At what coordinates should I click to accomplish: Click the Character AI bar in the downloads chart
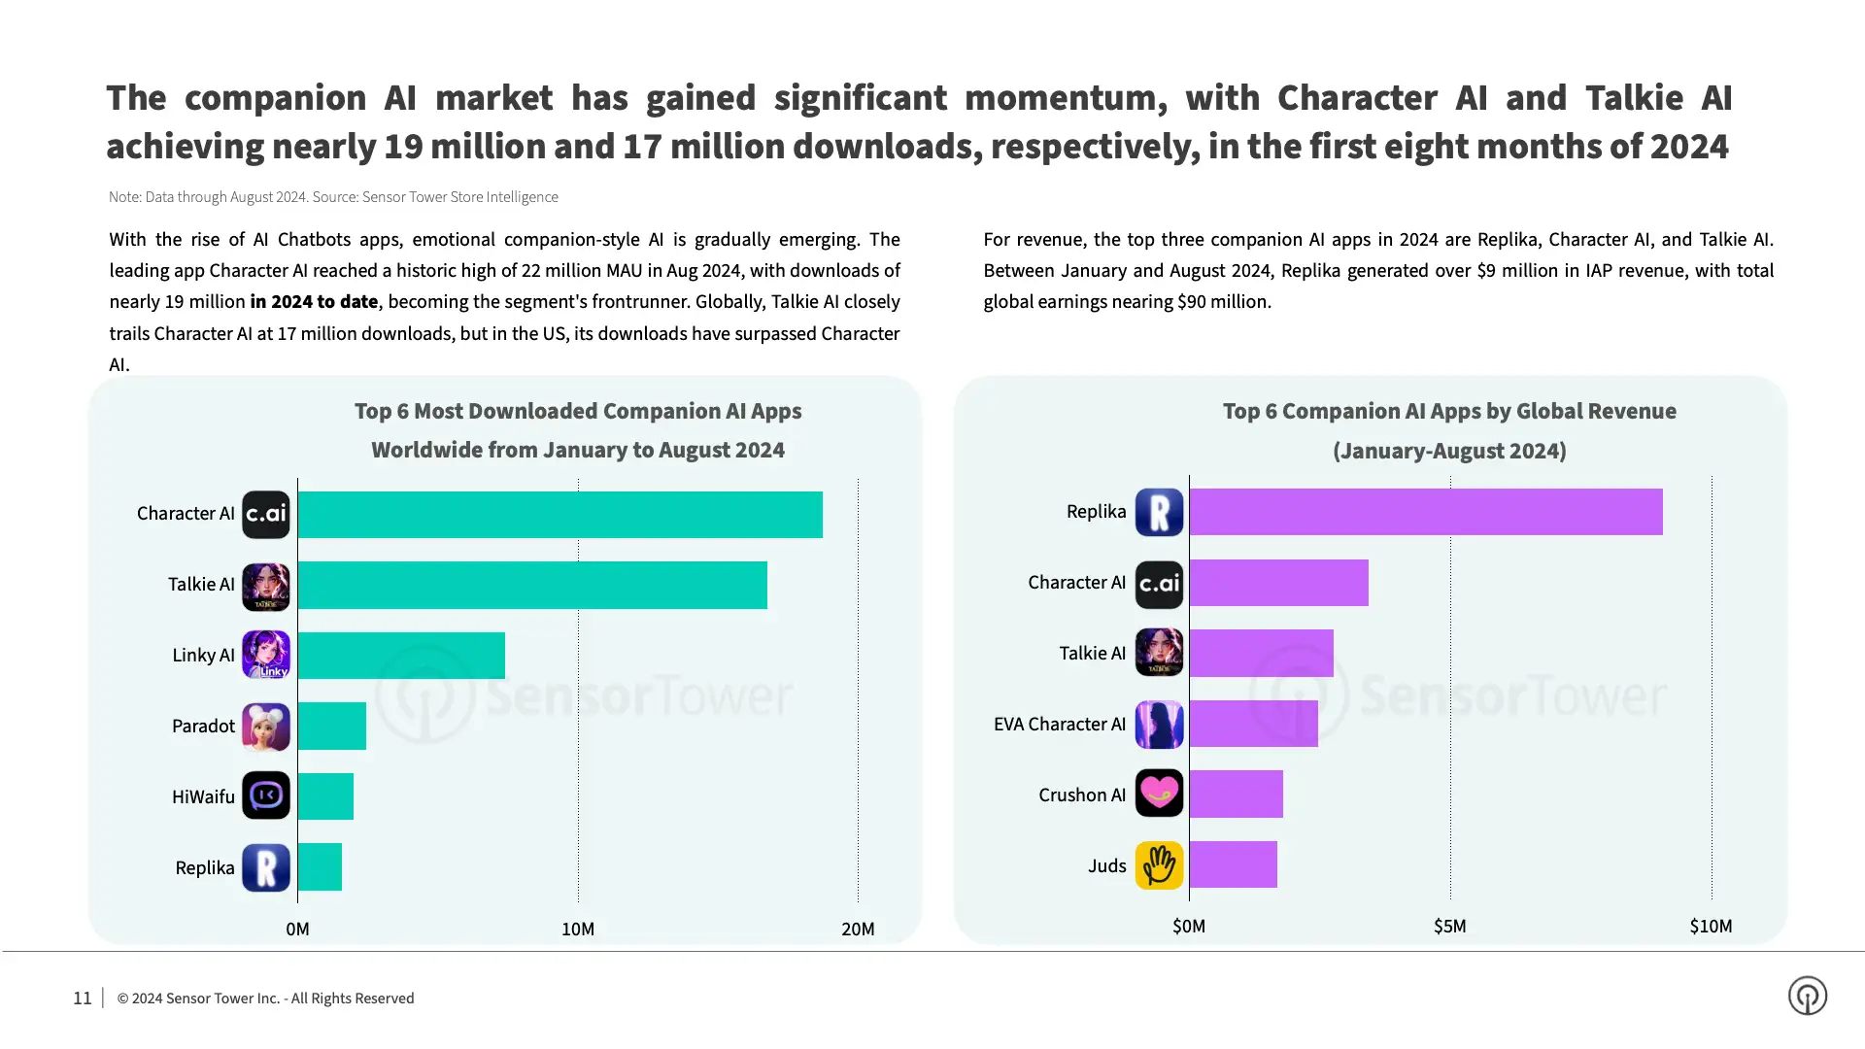(559, 515)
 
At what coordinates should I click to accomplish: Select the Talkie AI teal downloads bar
(532, 585)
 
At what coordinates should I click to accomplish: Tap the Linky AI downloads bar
(401, 656)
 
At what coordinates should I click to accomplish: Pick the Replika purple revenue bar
(1425, 512)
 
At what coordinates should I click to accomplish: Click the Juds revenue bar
(1233, 864)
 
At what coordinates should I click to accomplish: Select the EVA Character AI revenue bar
(1253, 724)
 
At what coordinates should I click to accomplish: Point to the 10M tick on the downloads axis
(578, 930)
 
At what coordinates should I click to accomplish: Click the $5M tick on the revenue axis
(1449, 927)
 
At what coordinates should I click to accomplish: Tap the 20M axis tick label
(858, 930)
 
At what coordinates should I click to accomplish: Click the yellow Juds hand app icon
(1159, 864)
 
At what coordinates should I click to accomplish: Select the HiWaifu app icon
(265, 796)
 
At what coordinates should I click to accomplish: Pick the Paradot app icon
(265, 726)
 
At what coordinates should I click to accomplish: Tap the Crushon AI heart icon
(1159, 794)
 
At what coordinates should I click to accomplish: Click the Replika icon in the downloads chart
(265, 867)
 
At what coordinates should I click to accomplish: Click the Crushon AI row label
(1081, 795)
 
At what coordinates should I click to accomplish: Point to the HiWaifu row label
(203, 797)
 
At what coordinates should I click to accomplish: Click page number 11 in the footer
(83, 998)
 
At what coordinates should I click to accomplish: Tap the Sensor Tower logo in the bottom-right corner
(1807, 996)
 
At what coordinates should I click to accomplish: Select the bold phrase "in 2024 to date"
(314, 302)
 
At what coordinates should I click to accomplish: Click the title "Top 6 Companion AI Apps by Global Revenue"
(1448, 412)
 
